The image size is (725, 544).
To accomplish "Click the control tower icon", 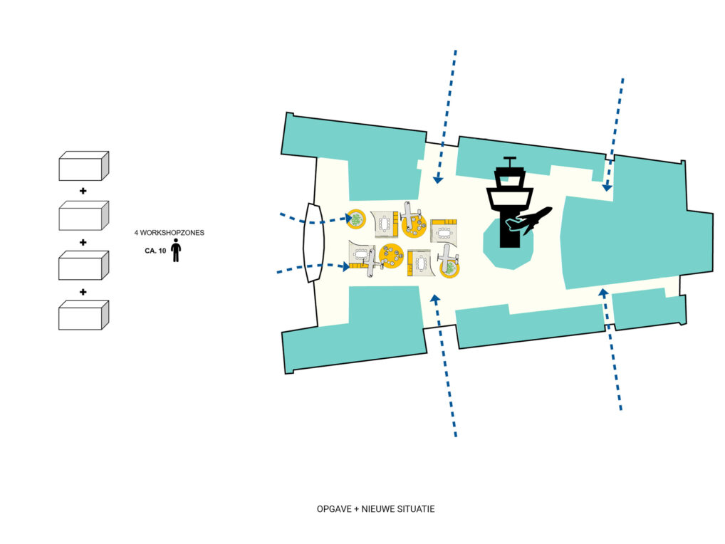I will pos(509,199).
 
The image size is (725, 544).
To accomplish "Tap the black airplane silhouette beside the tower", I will pos(530,220).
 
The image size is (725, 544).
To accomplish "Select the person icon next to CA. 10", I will pos(176,250).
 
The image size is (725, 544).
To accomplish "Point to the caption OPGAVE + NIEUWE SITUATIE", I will pos(375,509).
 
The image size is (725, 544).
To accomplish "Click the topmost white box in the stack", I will pos(83,166).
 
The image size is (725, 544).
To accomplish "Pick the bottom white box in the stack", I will pos(83,315).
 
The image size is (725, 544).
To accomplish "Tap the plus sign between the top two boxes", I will pos(83,191).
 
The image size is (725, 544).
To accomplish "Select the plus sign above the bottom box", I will pos(83,291).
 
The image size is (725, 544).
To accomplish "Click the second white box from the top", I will pos(83,215).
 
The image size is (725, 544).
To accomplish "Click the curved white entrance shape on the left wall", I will pos(312,243).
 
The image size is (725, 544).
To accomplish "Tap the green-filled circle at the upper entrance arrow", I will pos(355,219).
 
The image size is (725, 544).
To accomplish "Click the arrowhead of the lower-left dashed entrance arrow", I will pos(346,266).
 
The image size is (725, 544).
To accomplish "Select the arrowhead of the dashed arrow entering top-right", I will pos(607,187).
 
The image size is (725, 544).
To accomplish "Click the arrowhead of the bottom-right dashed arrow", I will pos(603,291).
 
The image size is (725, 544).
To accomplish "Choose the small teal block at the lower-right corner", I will pos(648,308).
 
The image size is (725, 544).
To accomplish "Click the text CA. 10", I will pos(152,251).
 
